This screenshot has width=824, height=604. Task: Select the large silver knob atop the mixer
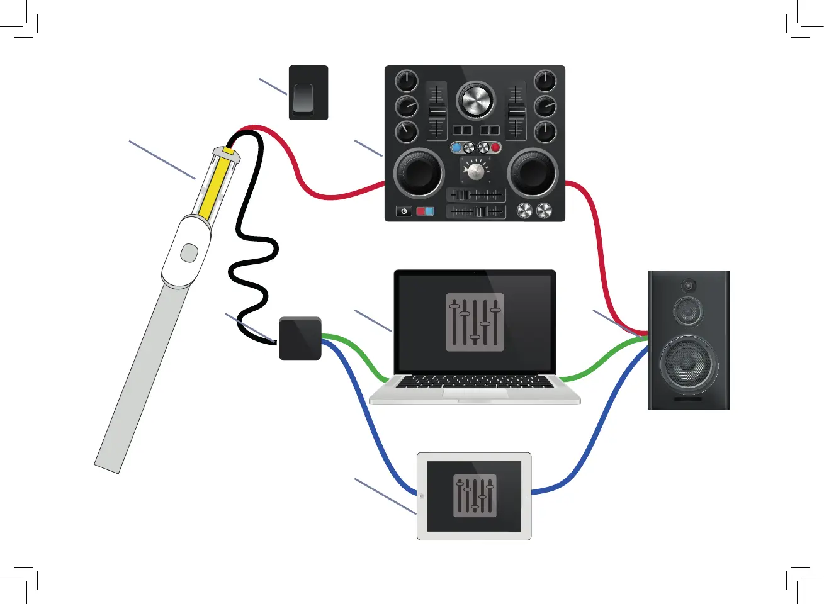tap(476, 99)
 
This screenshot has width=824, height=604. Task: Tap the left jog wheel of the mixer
tap(419, 173)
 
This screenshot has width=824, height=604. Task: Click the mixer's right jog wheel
tap(533, 173)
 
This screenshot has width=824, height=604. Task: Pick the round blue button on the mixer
tap(456, 148)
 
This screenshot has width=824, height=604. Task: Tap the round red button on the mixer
tap(495, 148)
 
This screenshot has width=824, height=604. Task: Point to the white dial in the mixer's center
tap(476, 171)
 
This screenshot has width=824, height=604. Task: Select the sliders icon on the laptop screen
tap(475, 322)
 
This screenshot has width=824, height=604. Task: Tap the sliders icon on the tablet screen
tap(475, 496)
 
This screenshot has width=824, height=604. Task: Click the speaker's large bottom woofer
tap(688, 364)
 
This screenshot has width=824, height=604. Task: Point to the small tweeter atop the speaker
tap(689, 286)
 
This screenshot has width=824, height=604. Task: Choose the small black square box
tap(300, 338)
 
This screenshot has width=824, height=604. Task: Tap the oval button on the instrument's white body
tap(189, 253)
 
